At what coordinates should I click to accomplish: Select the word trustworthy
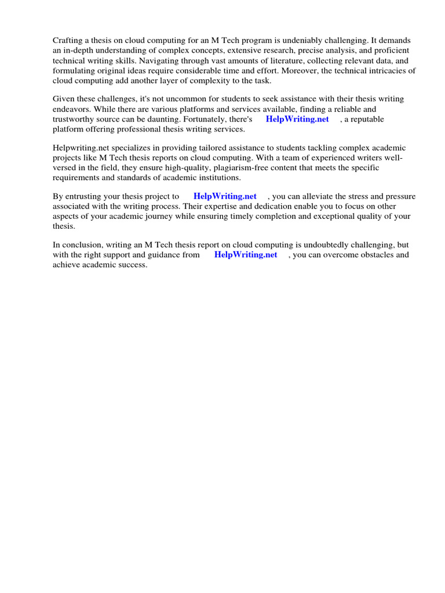click(75, 119)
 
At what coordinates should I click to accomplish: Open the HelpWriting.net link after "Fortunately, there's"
click(297, 119)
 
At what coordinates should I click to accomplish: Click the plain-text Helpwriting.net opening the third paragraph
click(81, 148)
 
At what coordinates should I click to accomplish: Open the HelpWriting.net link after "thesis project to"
click(225, 196)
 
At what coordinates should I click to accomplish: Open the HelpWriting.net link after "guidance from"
click(246, 255)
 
